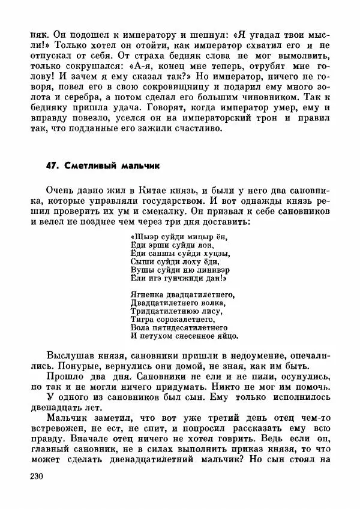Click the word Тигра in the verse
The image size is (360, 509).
pos(140,320)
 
